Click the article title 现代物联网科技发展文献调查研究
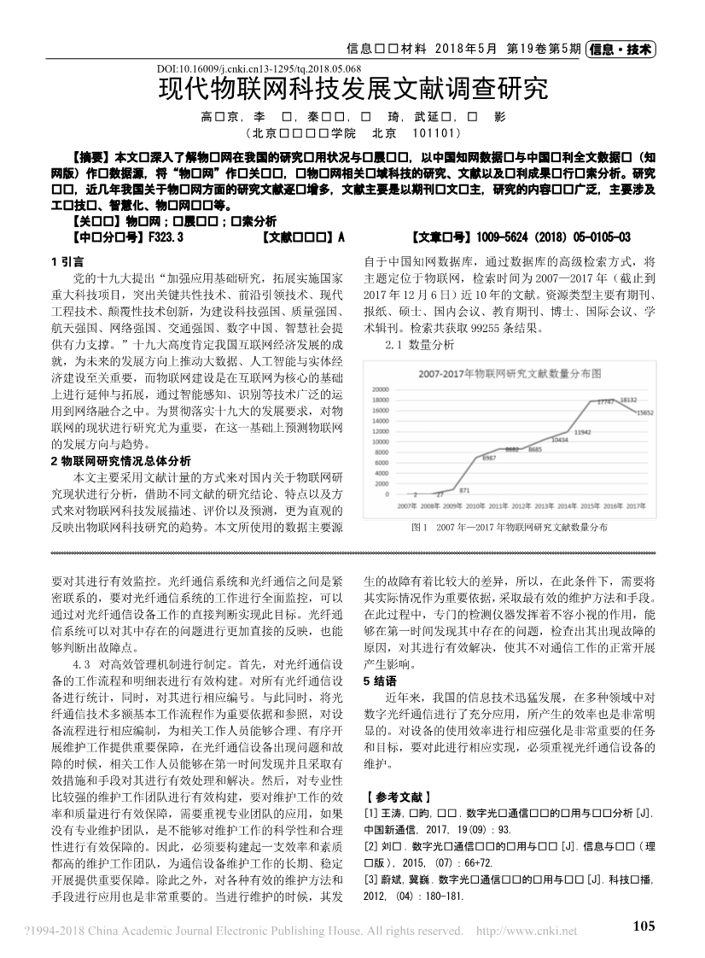(x=352, y=89)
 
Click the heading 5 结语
(x=381, y=681)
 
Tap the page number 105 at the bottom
(x=644, y=926)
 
